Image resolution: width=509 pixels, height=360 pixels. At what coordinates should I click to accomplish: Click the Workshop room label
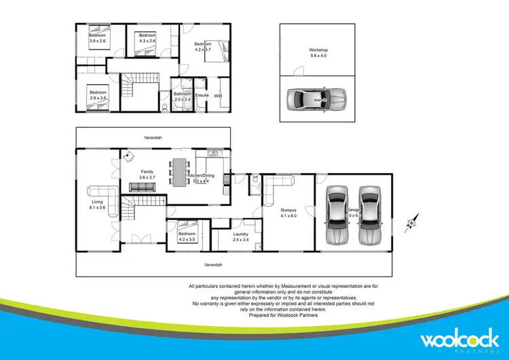[318, 53]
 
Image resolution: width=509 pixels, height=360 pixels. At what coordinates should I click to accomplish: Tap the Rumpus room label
[289, 213]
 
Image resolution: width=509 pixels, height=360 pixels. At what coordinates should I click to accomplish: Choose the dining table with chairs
[180, 173]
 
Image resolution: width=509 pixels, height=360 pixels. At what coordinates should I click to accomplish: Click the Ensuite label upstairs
[202, 95]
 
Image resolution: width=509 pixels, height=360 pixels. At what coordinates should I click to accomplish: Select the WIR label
[218, 96]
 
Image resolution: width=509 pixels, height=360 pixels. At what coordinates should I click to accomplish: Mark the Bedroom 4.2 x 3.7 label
[203, 47]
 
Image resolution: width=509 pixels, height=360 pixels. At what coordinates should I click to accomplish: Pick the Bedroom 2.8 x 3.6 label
[98, 95]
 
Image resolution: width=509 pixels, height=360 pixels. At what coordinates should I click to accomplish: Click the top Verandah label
[153, 138]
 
